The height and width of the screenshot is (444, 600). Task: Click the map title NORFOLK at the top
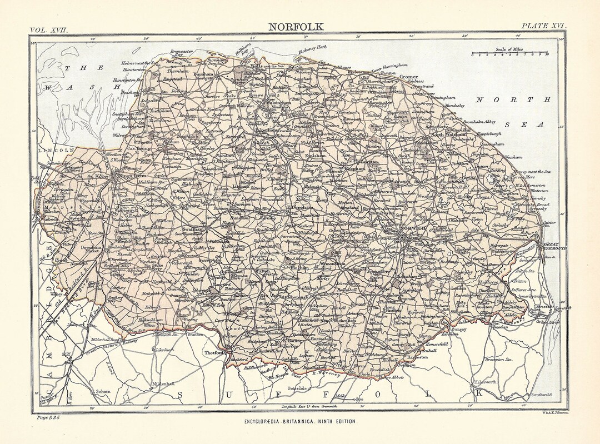[x=294, y=26]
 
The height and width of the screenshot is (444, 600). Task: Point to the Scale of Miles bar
[x=509, y=54]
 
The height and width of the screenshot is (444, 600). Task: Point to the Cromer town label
[x=408, y=77]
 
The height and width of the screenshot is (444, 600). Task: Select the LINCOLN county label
[x=56, y=150]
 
